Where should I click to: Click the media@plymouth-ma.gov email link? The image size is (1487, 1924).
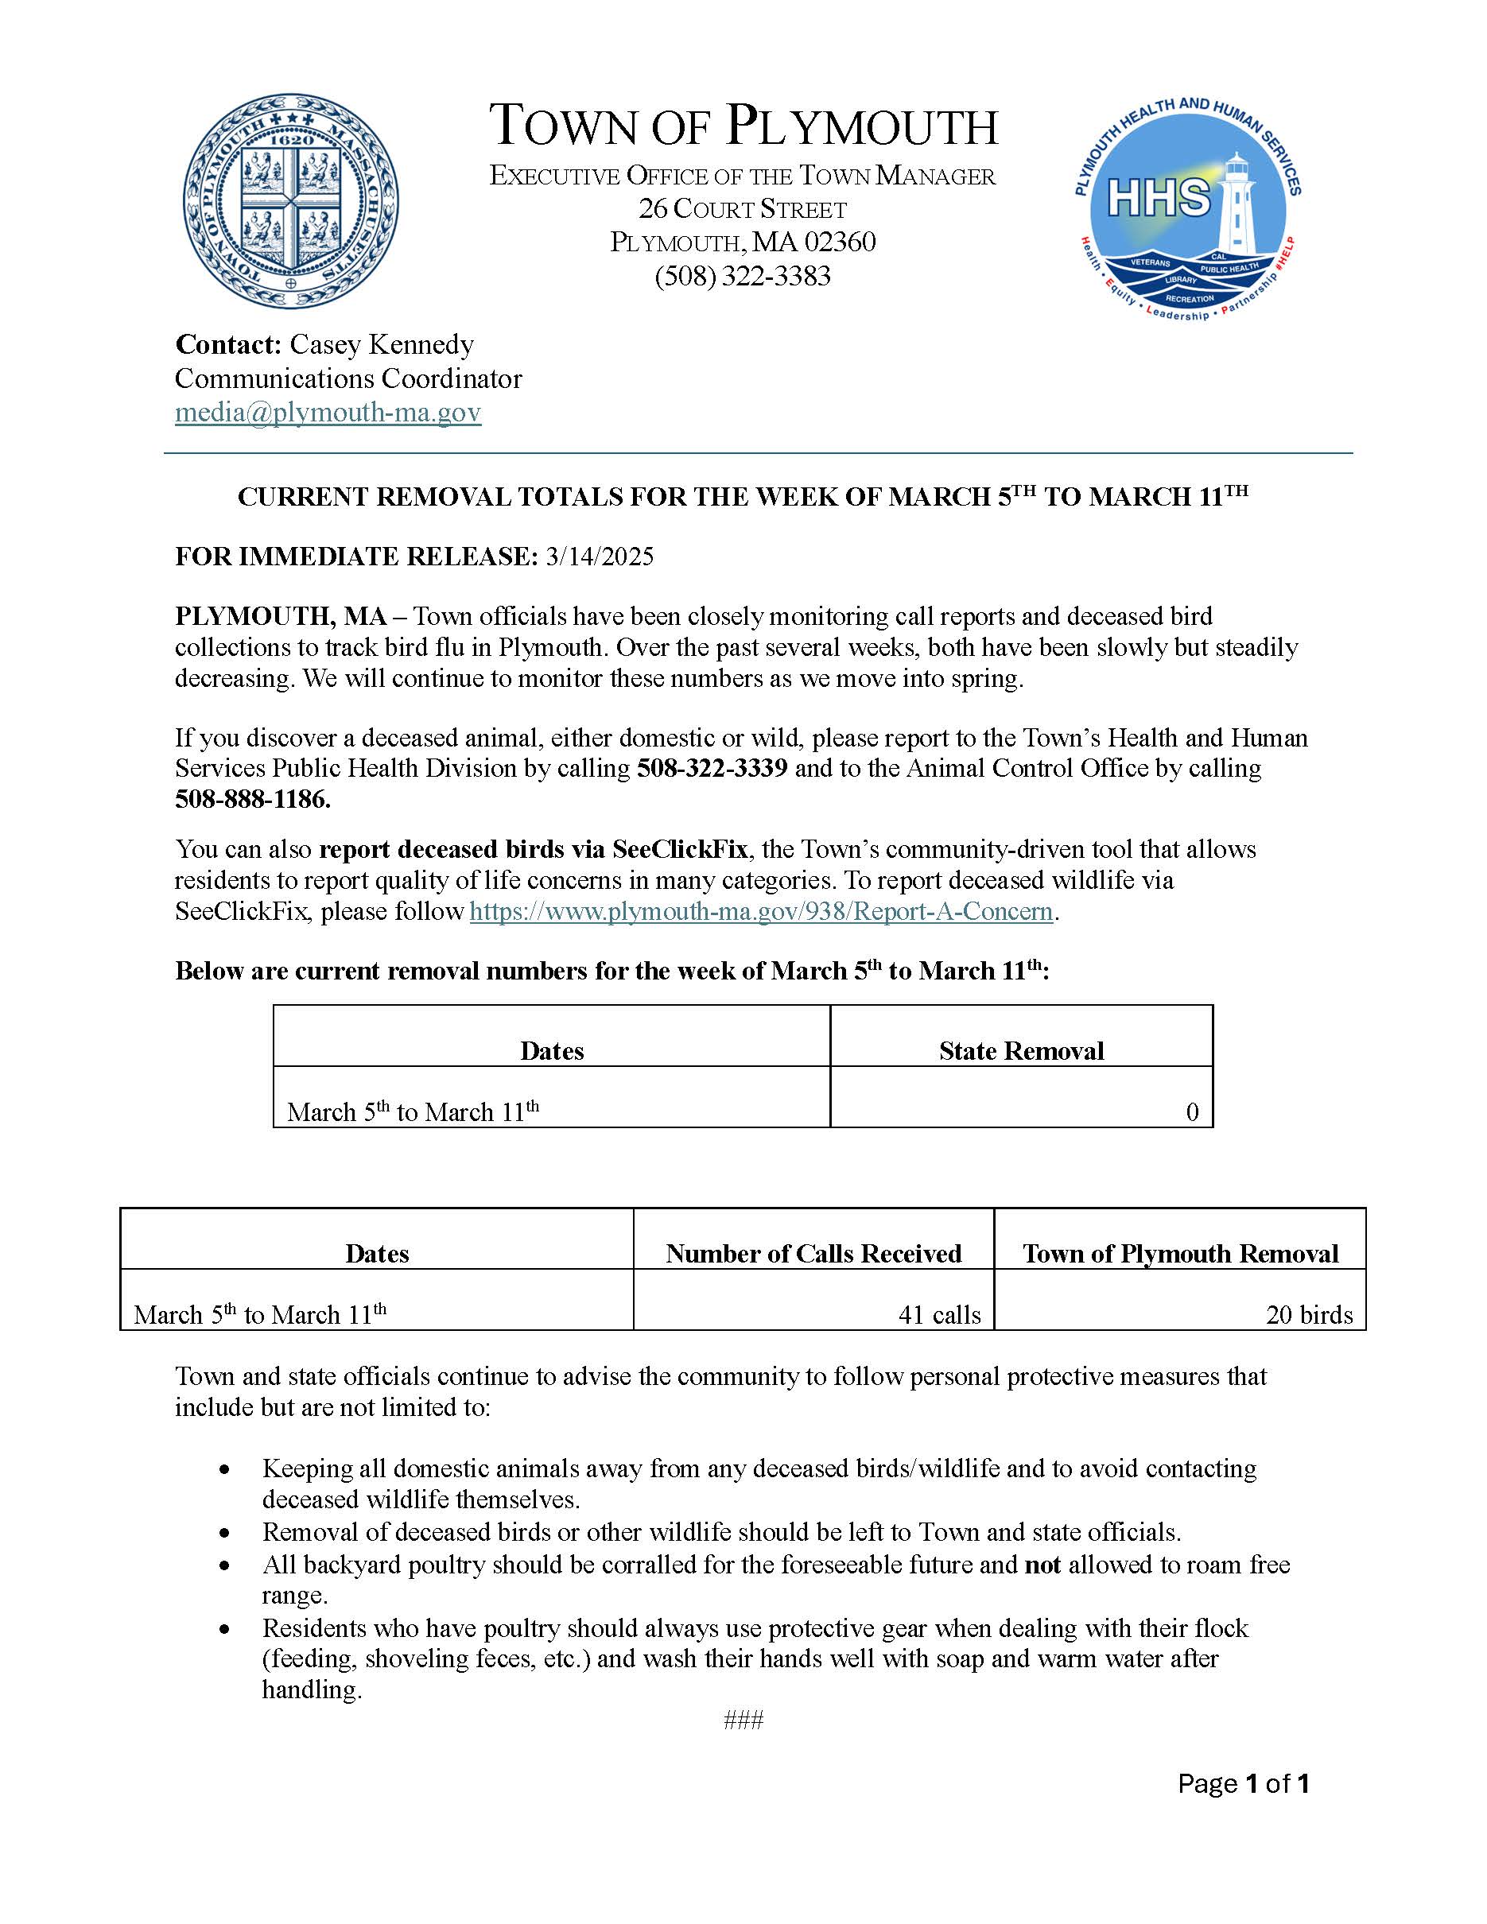tap(328, 413)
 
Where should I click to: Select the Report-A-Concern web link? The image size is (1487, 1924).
tap(760, 911)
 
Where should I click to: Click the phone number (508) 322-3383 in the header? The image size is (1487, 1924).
tap(743, 277)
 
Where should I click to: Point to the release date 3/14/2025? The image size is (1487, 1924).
tap(599, 557)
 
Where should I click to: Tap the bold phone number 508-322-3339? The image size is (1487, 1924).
tap(712, 768)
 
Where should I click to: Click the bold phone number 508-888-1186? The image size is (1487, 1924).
tap(253, 800)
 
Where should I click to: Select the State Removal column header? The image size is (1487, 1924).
tap(1021, 1050)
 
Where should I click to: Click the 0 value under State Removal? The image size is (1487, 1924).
tap(1192, 1111)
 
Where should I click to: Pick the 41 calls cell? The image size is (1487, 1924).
tap(939, 1314)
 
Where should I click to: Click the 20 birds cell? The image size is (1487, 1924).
tap(1309, 1314)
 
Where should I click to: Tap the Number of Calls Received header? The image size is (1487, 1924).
tap(813, 1253)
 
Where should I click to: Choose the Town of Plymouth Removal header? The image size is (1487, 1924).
tap(1179, 1253)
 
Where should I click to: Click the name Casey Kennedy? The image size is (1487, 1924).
tap(382, 344)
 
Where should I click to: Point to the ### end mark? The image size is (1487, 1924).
tap(743, 1720)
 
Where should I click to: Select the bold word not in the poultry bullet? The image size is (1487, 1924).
tap(1042, 1565)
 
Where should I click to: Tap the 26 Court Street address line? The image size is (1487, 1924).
tap(743, 210)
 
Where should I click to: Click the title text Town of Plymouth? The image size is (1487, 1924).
tap(743, 126)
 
